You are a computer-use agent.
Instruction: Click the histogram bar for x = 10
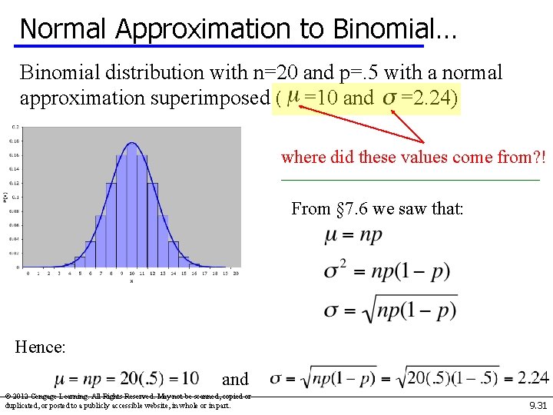(131, 207)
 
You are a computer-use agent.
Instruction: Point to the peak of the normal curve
(131, 144)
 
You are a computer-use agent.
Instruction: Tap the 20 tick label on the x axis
(235, 273)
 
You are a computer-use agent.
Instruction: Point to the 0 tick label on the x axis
(27, 273)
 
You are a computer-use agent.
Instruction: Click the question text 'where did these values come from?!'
(413, 158)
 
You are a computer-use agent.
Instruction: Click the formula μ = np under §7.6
(353, 236)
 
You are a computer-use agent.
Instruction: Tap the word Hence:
(40, 347)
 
